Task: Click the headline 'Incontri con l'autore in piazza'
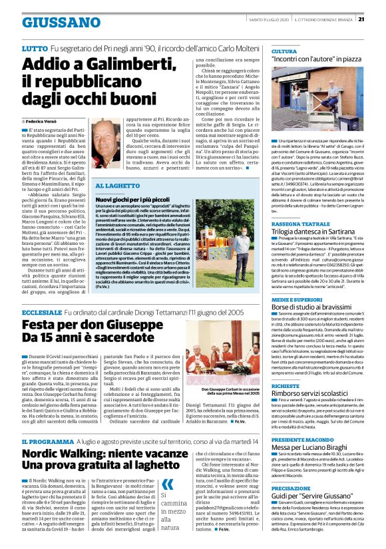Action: click(x=315, y=60)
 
